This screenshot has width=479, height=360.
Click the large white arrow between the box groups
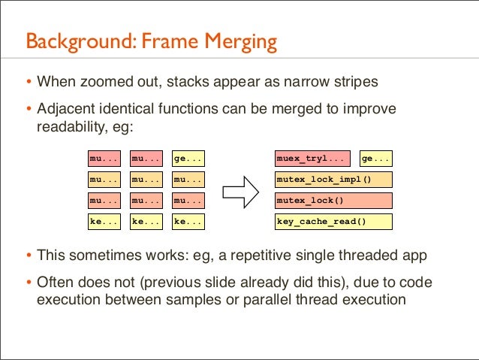point(242,191)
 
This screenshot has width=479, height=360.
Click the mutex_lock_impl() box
point(334,180)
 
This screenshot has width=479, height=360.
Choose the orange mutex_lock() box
point(334,201)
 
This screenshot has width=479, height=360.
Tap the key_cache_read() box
point(334,222)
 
